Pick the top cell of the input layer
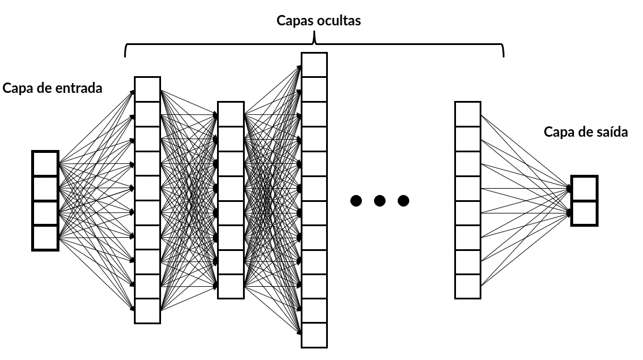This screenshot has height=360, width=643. (x=45, y=164)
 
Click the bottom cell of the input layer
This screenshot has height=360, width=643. (x=45, y=238)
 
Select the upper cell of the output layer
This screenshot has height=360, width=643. (x=584, y=189)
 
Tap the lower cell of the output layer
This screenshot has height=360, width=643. (x=584, y=213)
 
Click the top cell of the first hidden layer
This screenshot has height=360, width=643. (x=147, y=89)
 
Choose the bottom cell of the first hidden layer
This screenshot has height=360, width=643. (x=147, y=311)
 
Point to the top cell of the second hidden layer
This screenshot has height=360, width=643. (x=231, y=114)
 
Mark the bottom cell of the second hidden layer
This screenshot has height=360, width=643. (x=231, y=287)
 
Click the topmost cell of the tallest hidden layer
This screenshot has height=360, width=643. (x=315, y=65)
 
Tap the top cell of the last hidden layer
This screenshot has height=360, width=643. (x=468, y=114)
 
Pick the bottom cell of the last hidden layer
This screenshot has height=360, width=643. (x=468, y=287)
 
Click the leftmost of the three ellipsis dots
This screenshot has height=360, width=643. (x=356, y=201)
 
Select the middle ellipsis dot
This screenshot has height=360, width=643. (x=380, y=201)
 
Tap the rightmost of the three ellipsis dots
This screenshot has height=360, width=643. (x=403, y=201)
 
